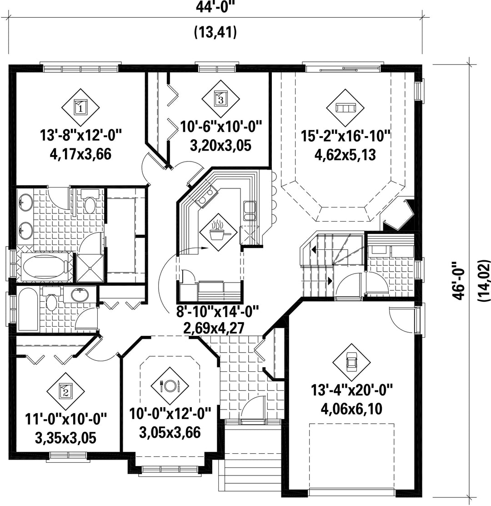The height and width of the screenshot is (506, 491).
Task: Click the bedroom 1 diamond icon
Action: [80, 107]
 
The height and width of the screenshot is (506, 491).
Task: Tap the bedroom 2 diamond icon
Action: [65, 391]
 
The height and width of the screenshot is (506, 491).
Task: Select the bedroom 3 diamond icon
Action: [221, 99]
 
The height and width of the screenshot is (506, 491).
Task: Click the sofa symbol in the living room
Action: [345, 108]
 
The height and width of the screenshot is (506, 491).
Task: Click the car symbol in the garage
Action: [351, 362]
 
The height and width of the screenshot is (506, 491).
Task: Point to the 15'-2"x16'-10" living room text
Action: [346, 136]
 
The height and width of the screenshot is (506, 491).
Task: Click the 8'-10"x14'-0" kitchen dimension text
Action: [218, 312]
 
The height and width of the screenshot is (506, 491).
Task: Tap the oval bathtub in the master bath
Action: [45, 267]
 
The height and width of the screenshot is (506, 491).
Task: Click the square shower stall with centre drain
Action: [90, 268]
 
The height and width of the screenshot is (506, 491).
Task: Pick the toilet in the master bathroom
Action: [90, 202]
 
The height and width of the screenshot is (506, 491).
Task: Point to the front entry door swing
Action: [253, 408]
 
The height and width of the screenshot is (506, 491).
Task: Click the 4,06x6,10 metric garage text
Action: [351, 409]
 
